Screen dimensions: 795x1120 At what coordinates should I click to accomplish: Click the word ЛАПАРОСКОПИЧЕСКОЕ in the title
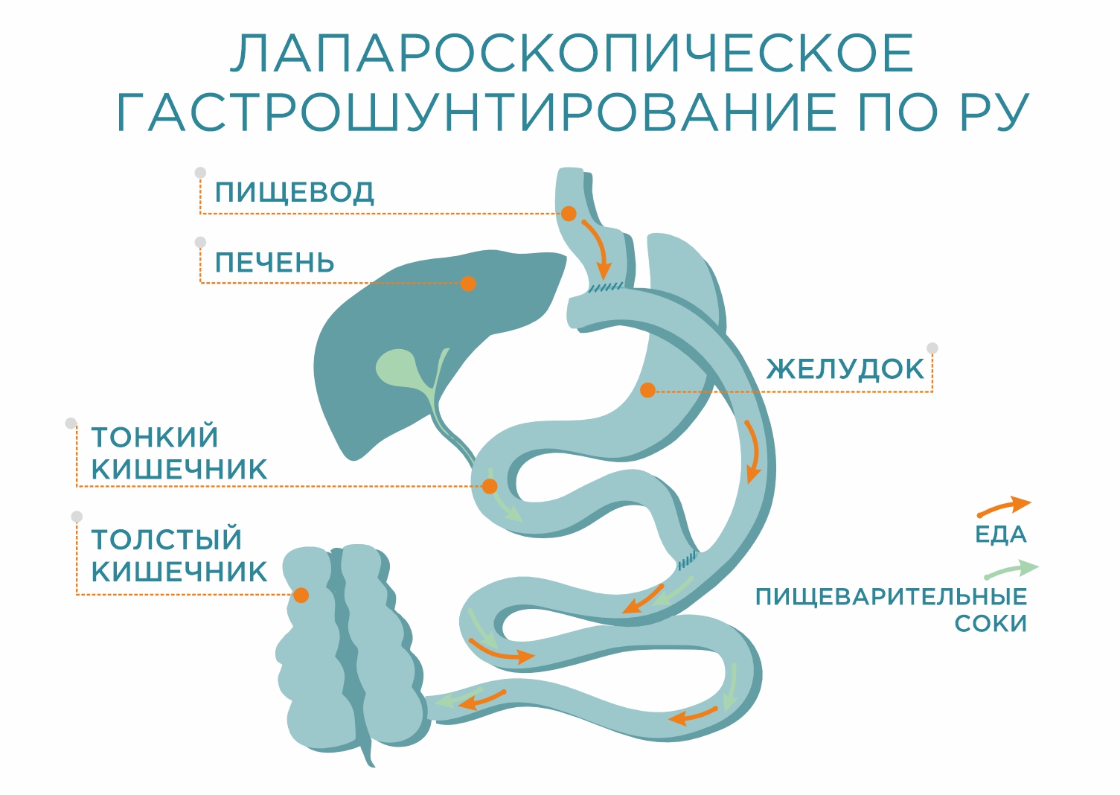(x=572, y=54)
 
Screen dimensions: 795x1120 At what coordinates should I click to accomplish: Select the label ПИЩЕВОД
(x=294, y=193)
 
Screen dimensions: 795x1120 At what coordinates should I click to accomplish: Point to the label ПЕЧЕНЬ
(x=275, y=263)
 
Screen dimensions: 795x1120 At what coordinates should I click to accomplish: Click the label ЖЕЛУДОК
(x=845, y=369)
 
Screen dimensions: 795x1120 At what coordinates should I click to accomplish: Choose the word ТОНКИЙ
(x=155, y=437)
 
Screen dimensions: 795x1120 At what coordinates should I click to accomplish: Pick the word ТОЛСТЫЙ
(x=167, y=539)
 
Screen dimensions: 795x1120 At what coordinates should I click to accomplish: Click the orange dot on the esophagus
(x=569, y=214)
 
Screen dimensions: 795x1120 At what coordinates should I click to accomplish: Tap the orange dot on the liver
(x=468, y=284)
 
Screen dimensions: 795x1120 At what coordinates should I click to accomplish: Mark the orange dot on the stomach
(x=647, y=390)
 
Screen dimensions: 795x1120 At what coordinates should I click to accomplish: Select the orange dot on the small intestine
(x=490, y=486)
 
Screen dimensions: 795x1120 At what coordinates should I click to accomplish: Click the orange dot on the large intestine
(x=301, y=595)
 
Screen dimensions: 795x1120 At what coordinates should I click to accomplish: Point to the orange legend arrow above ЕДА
(x=1005, y=507)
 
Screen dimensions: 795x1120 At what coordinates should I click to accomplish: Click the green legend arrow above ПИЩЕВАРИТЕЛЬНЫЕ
(x=1011, y=571)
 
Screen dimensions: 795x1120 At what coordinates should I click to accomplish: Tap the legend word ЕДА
(x=1001, y=534)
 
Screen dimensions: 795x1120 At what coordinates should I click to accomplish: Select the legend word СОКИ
(x=991, y=624)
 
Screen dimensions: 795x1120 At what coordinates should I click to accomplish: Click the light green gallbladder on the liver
(x=399, y=368)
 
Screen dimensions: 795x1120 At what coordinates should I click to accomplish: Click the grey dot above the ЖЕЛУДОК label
(x=932, y=348)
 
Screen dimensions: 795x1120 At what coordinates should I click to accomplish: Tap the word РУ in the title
(x=994, y=114)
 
